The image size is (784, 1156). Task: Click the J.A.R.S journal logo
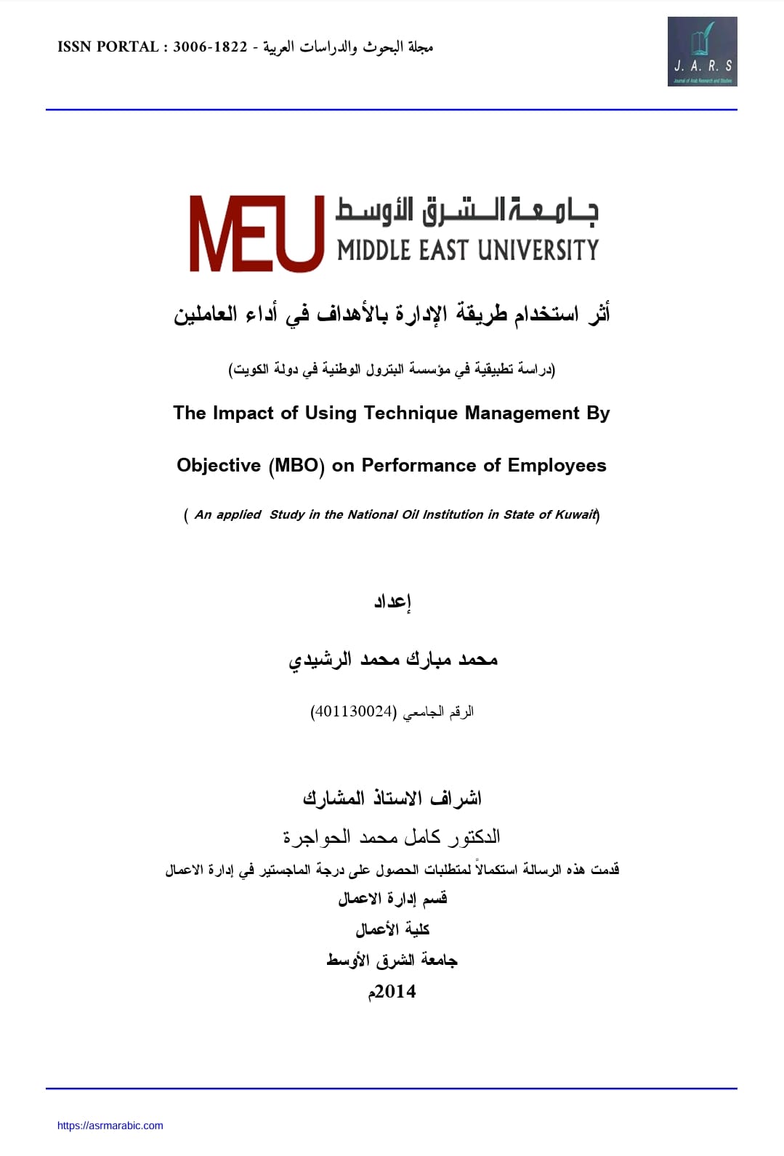point(702,52)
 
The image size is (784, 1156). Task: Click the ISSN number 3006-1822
point(210,47)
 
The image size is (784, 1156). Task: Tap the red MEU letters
point(256,234)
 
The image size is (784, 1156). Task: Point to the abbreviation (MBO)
point(296,466)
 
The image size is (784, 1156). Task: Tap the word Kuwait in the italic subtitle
point(575,514)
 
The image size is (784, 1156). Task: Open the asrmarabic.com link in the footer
point(110,1125)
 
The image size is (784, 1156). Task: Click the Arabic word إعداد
point(392,602)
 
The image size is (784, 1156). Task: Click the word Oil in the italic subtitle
point(411,514)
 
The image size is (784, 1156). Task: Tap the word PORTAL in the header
point(128,47)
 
